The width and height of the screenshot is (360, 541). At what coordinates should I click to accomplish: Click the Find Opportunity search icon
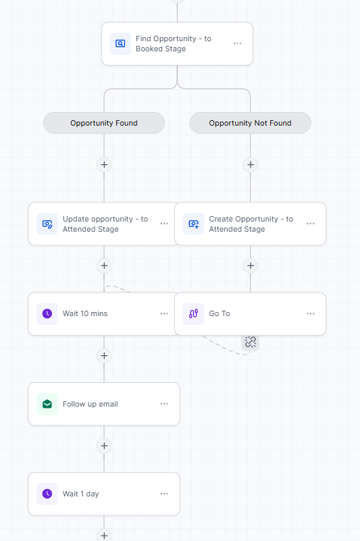click(x=120, y=43)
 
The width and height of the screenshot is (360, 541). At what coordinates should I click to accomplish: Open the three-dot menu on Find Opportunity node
click(x=238, y=43)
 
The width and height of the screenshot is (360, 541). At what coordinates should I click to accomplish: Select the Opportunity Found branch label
click(x=104, y=123)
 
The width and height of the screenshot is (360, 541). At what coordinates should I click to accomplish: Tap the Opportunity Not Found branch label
click(x=250, y=123)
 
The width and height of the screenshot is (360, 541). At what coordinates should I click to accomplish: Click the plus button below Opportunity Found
click(x=104, y=165)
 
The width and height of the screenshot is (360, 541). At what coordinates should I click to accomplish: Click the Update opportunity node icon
click(x=47, y=224)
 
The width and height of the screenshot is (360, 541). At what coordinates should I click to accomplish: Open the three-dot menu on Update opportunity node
click(x=164, y=224)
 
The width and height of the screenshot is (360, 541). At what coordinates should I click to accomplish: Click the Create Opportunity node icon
click(x=194, y=224)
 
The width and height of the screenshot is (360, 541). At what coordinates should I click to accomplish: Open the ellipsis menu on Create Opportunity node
click(x=311, y=224)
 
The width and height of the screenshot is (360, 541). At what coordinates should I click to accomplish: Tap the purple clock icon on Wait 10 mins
click(x=47, y=313)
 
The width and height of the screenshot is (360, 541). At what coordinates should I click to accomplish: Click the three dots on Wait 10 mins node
click(x=164, y=313)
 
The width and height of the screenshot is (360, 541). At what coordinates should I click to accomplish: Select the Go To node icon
click(x=194, y=313)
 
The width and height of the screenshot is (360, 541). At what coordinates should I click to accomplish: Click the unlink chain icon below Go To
click(x=250, y=342)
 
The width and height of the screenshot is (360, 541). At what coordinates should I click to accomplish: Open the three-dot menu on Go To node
click(x=311, y=313)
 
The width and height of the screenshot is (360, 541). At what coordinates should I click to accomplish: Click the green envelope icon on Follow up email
click(x=47, y=404)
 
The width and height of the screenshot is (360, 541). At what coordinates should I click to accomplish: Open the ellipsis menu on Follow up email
click(x=164, y=404)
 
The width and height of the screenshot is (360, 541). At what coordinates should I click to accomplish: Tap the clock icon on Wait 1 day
click(x=47, y=494)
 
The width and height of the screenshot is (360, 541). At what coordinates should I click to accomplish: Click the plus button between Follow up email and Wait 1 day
click(x=104, y=446)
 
